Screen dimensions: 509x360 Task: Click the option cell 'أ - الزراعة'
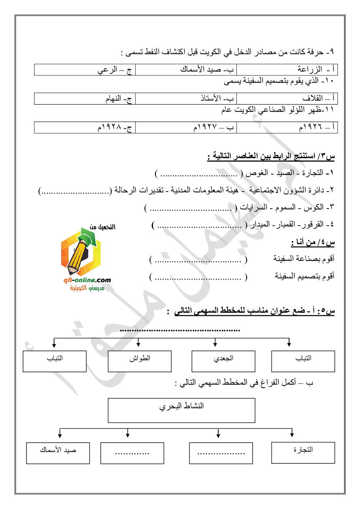pos(287,70)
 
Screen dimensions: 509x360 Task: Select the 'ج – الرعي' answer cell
pos(85,70)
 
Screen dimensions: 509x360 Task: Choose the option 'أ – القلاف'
pos(287,98)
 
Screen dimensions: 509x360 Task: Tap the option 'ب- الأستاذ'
pos(186,98)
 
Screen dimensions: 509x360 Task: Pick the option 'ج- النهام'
pos(85,98)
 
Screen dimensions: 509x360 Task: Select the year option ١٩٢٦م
pos(287,127)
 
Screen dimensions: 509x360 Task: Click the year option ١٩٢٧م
pos(186,127)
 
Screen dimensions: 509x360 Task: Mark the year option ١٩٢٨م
pos(85,127)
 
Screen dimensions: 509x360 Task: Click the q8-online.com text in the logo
pos(87,280)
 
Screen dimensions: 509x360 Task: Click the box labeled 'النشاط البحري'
pos(181,410)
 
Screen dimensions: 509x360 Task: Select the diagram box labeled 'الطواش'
pos(140,361)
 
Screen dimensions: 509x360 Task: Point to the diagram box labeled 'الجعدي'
pos(223,361)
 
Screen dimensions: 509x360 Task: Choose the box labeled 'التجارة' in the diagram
pos(303,452)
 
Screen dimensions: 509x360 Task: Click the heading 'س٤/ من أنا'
pos(313,242)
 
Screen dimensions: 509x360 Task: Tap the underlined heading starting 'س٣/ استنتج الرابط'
pos(271,156)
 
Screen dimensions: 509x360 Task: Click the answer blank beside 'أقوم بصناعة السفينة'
pos(198,260)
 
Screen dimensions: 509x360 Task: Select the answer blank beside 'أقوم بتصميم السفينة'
pos(198,277)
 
